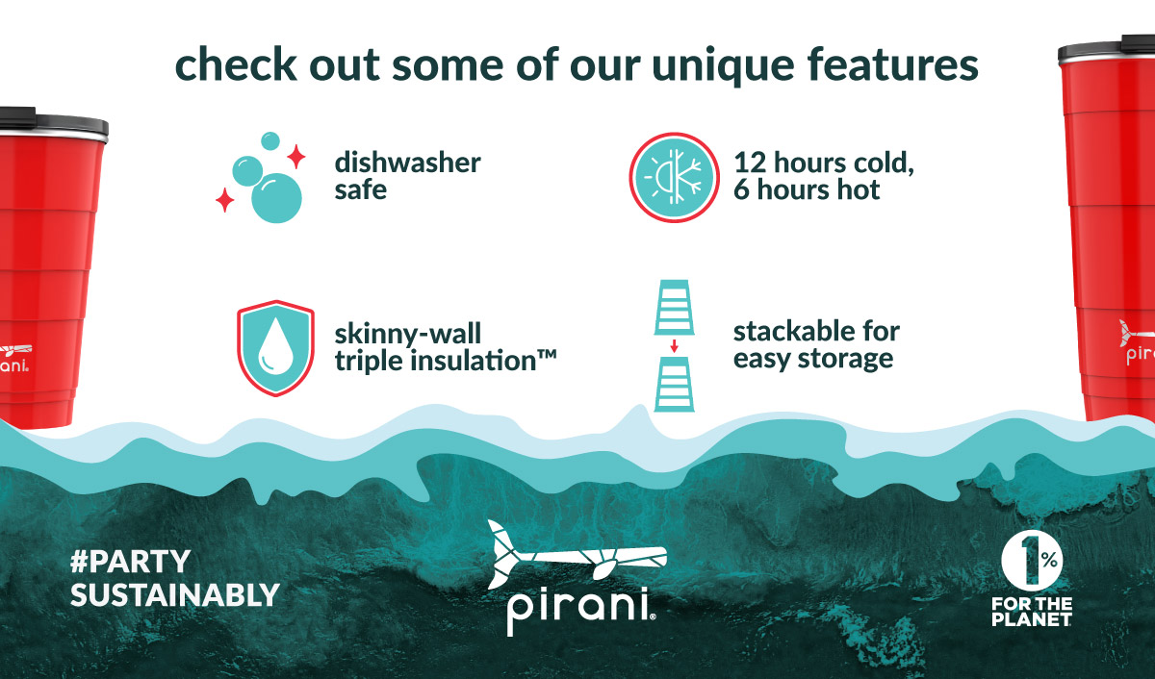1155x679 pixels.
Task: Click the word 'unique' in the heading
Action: click(x=724, y=65)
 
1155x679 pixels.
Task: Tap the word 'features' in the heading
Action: click(x=892, y=63)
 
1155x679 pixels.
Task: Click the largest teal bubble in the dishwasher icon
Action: click(x=276, y=198)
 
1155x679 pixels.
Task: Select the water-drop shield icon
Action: click(x=276, y=349)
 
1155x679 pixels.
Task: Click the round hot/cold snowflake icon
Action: click(x=674, y=178)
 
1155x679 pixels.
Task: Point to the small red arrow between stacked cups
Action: click(x=674, y=345)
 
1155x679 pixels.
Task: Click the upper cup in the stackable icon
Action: click(x=674, y=308)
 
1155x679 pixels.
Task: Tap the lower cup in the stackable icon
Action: click(x=674, y=385)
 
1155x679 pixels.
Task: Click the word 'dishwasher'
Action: click(x=408, y=163)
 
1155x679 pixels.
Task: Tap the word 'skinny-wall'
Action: click(x=408, y=334)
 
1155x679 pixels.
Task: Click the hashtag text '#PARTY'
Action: click(x=131, y=562)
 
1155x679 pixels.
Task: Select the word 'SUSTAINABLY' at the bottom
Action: click(x=175, y=595)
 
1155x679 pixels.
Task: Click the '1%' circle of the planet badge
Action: click(x=1032, y=561)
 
